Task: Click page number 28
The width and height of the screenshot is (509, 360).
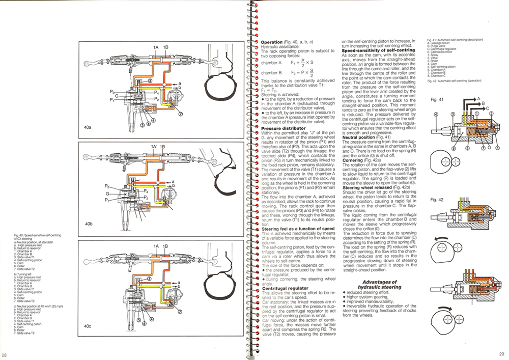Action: coord(4,354)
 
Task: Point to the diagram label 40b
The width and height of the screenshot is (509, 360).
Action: coord(89,224)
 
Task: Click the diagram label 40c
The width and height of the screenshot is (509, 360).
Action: coord(88,325)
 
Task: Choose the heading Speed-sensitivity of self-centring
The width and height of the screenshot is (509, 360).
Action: coord(373,51)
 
